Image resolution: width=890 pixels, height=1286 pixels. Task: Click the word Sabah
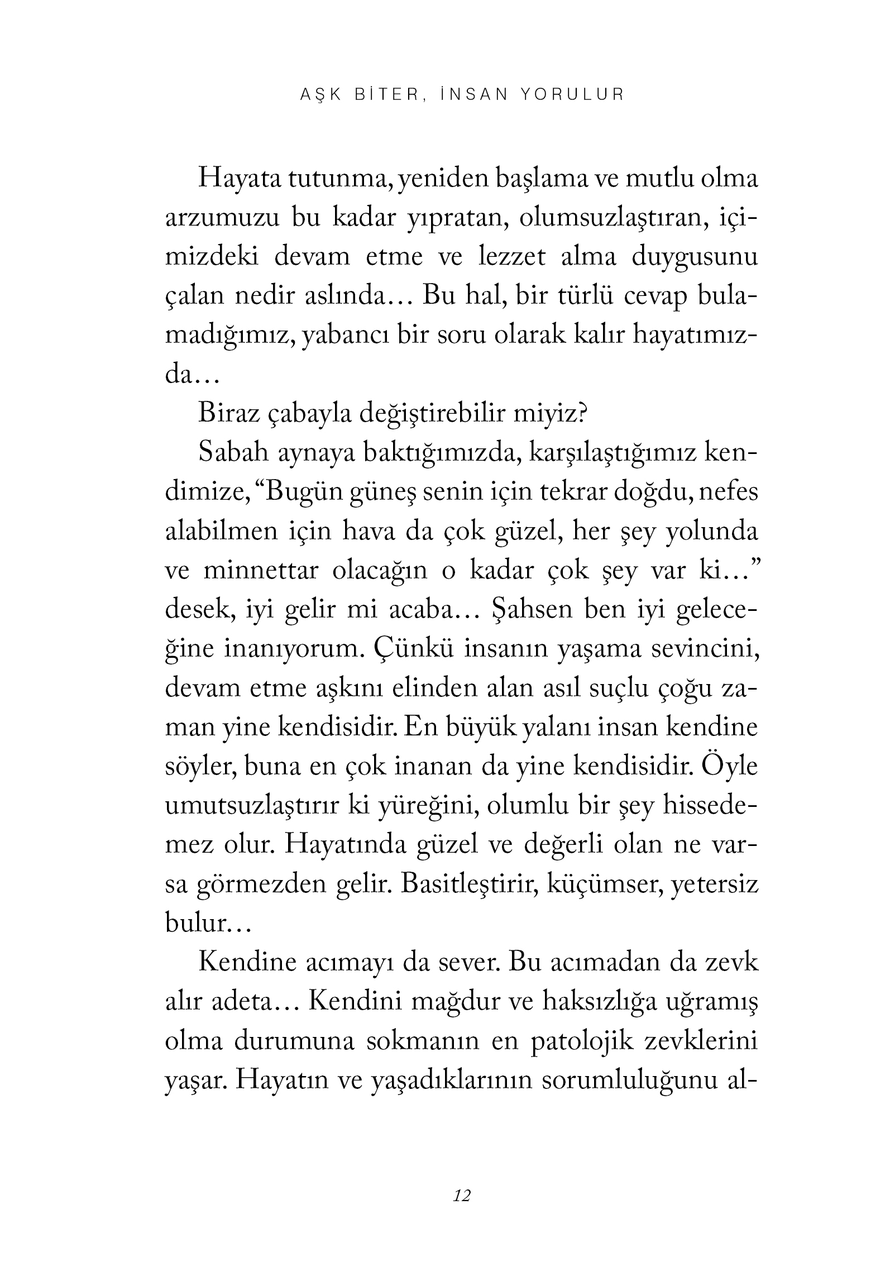[x=230, y=453]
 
